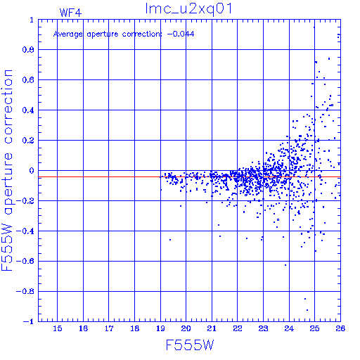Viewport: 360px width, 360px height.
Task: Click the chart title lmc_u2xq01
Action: click(188, 9)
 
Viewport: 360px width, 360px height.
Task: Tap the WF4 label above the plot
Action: click(70, 13)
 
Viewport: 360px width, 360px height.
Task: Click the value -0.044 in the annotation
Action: click(181, 34)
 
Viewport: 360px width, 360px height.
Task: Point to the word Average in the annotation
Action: click(68, 34)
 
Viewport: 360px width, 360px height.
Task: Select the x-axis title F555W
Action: click(190, 345)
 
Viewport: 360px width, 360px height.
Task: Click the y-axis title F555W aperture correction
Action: click(7, 170)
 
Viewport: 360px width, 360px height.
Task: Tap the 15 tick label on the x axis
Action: click(58, 328)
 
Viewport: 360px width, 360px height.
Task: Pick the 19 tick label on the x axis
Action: click(160, 328)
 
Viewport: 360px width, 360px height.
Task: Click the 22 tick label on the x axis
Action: click(238, 328)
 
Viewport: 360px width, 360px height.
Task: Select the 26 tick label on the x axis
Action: click(340, 328)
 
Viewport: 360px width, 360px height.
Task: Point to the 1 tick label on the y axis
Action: click(32, 20)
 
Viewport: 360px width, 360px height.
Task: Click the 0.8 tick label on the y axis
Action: click(28, 50)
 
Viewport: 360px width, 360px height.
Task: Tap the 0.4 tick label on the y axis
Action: click(28, 110)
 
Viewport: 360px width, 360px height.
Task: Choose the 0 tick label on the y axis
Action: click(32, 171)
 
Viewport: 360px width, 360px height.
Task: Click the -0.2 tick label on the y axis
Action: click(25, 201)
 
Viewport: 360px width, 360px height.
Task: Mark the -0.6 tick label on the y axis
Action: click(25, 261)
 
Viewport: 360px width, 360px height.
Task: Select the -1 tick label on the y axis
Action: click(29, 321)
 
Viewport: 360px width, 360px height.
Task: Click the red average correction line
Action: click(189, 177)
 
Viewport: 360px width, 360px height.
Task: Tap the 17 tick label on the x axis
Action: click(109, 328)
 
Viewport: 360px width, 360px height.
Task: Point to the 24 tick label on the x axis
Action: click(289, 328)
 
